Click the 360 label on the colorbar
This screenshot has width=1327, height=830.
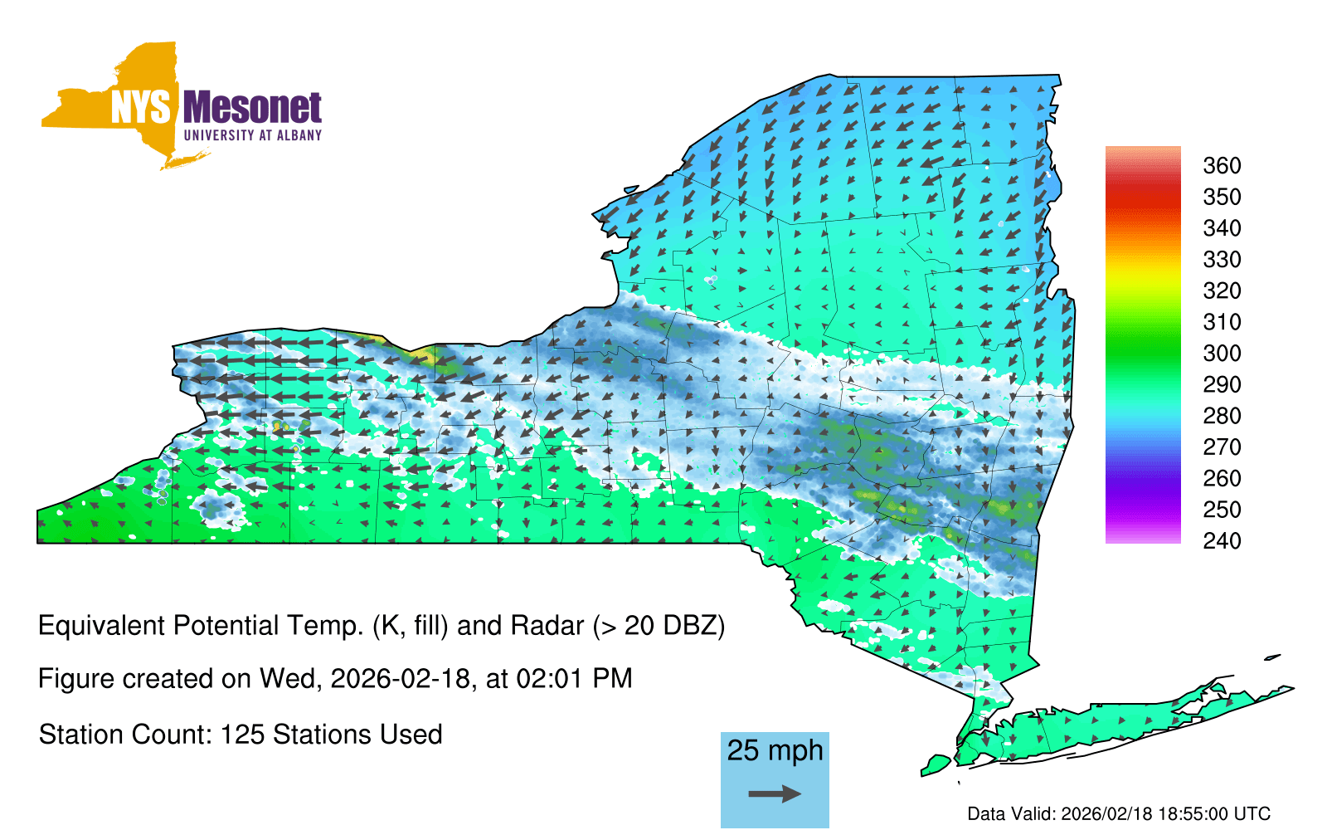(1222, 165)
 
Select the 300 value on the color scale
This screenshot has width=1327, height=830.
(1222, 354)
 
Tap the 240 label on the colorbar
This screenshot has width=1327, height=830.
(1222, 540)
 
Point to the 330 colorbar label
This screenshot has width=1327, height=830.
(1222, 260)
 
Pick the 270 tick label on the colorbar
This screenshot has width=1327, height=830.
(1222, 447)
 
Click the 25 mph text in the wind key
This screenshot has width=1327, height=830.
(775, 751)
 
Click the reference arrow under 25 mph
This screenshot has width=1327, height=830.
(775, 793)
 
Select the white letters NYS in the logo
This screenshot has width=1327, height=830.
(141, 107)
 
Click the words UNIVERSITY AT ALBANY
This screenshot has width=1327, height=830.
(252, 135)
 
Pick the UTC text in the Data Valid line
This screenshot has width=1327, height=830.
(1253, 813)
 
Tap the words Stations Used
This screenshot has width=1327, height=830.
(357, 735)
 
